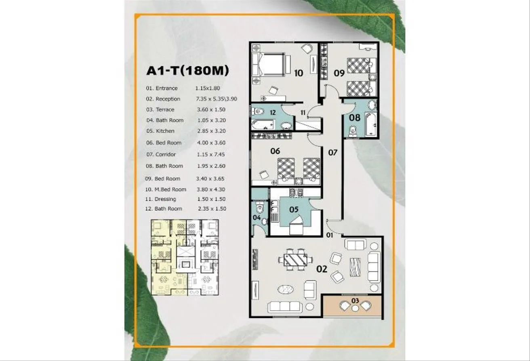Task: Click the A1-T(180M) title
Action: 187,71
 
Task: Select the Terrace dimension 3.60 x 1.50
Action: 211,109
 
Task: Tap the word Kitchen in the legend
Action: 165,131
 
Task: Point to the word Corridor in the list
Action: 166,155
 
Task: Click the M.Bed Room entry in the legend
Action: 170,189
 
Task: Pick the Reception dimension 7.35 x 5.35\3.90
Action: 217,99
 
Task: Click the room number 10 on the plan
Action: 299,73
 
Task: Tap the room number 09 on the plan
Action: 339,73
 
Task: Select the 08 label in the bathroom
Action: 355,118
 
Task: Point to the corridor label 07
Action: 333,153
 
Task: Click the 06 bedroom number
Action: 275,151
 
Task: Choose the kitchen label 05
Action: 294,209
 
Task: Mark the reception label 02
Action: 322,269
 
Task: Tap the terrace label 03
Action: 355,301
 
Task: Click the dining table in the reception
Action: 296,260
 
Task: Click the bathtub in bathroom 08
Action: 371,124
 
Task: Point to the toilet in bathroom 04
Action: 260,208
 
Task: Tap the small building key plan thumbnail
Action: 185,257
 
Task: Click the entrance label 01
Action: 330,235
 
